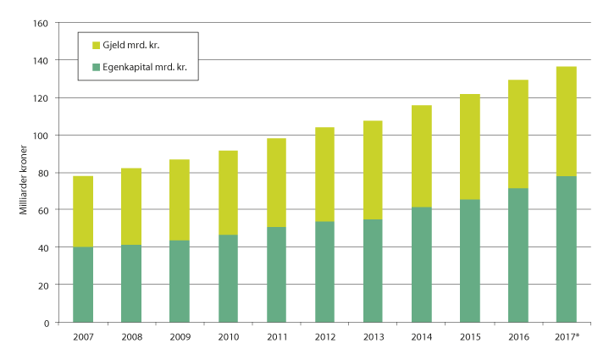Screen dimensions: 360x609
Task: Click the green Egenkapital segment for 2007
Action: coord(83,285)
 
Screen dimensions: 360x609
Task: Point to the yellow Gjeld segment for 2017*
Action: coord(566,121)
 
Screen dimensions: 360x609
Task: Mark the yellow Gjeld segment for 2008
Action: coord(131,207)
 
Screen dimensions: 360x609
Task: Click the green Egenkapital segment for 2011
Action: coord(276,274)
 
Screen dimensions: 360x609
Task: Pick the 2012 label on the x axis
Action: coord(324,336)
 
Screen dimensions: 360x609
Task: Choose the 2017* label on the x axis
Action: coord(567,336)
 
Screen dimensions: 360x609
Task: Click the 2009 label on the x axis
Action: coord(180,336)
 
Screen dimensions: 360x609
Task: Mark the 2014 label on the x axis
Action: coord(421,336)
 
